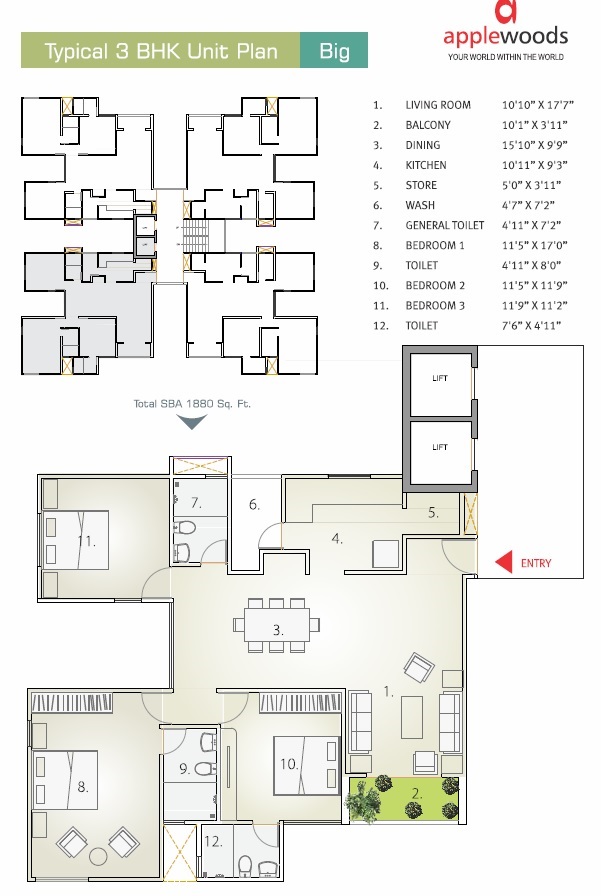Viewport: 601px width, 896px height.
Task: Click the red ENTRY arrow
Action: pos(504,563)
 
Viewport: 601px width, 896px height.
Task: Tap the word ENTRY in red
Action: pos(536,564)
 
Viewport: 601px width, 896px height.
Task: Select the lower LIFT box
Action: pos(439,447)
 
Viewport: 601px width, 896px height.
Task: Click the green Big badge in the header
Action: pos(334,50)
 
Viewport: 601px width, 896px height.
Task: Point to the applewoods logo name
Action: pos(506,38)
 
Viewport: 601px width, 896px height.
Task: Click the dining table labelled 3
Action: pos(277,626)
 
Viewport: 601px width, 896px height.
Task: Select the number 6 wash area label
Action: pos(254,505)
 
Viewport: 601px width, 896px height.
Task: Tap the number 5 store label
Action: pos(433,513)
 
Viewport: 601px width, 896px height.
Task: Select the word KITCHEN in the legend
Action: pos(425,165)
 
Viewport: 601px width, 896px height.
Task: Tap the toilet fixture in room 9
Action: pos(205,768)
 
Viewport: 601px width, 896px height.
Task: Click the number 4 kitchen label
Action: pos(338,539)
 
